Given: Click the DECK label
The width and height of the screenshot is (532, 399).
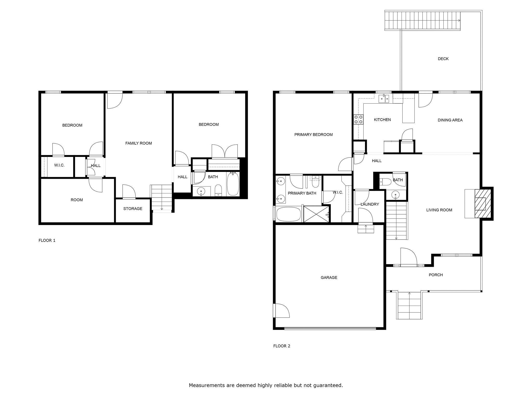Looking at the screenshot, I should click(443, 59).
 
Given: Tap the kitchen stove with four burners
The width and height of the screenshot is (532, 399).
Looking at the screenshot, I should click(358, 119).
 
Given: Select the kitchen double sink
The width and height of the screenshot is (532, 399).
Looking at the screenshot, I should click(384, 98).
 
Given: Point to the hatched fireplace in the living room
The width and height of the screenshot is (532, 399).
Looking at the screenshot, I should click(483, 204).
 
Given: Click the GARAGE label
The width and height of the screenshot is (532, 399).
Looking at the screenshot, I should click(329, 277).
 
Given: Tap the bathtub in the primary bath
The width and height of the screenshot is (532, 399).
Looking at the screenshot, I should click(288, 214).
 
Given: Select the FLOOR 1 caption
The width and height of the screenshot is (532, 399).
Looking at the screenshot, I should click(47, 240).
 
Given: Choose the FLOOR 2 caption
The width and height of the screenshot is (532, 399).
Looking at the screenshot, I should click(282, 346).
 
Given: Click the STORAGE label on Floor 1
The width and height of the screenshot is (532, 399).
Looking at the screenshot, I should click(133, 209).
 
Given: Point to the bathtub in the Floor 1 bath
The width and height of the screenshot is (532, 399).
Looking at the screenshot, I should click(233, 184).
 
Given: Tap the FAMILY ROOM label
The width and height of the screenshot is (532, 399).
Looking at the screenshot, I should click(138, 143).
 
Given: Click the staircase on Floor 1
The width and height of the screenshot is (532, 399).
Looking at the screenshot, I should click(161, 197).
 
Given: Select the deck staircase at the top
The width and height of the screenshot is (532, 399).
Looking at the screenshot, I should click(422, 21).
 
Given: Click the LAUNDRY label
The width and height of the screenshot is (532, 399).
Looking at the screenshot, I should click(369, 204).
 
